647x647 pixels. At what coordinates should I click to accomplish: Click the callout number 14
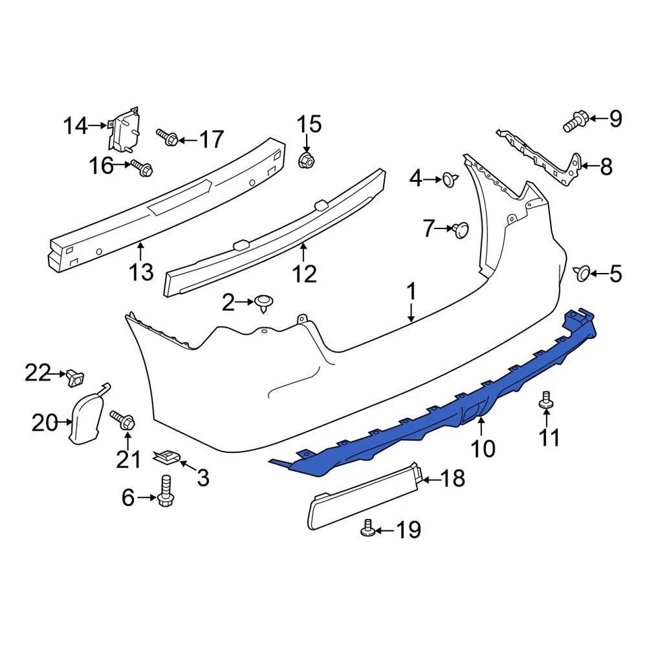click(x=75, y=125)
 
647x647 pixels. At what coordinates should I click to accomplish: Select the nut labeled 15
click(x=305, y=160)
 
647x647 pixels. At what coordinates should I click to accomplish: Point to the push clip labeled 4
click(x=448, y=179)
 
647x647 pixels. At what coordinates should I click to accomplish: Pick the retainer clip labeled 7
click(x=462, y=229)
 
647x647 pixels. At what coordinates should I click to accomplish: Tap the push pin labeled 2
click(x=264, y=303)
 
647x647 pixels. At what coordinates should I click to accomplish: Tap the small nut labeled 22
click(x=73, y=378)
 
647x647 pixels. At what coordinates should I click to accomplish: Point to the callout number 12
click(x=304, y=273)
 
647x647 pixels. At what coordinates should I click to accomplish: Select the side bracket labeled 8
click(x=546, y=158)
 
